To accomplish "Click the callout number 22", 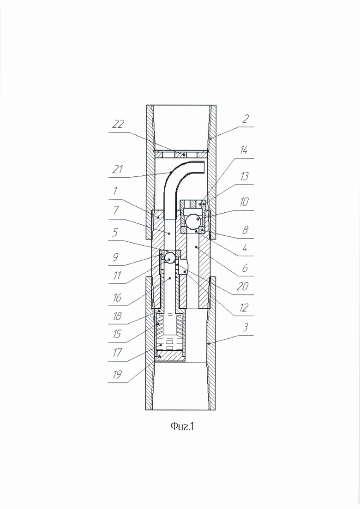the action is pyautogui.click(x=118, y=124).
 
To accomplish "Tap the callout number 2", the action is pyautogui.click(x=246, y=119).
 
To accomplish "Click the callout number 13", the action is pyautogui.click(x=244, y=176).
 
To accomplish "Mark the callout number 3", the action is pyautogui.click(x=246, y=327).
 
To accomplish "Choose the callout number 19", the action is pyautogui.click(x=117, y=375).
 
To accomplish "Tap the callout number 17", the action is pyautogui.click(x=117, y=352).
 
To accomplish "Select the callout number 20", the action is pyautogui.click(x=242, y=286).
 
